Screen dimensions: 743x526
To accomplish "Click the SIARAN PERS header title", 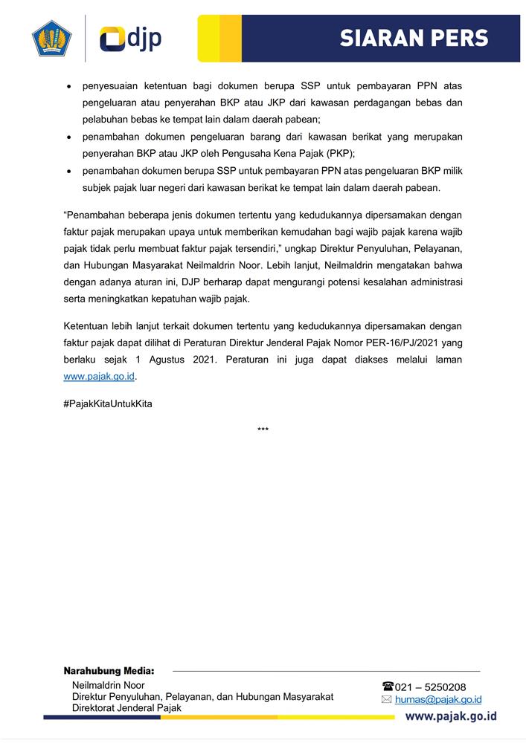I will pyautogui.click(x=414, y=39).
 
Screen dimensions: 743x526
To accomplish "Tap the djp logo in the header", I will pyautogui.click(x=131, y=39).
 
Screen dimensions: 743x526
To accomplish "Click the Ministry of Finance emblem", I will pyautogui.click(x=51, y=39).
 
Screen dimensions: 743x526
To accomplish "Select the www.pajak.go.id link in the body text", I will pyautogui.click(x=99, y=376).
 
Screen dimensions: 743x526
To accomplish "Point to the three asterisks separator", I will pyautogui.click(x=263, y=430).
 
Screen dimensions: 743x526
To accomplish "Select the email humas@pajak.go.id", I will pyautogui.click(x=438, y=700).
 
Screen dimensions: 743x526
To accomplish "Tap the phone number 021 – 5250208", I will pyautogui.click(x=431, y=687).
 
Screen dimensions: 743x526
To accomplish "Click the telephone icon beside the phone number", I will pyautogui.click(x=387, y=687).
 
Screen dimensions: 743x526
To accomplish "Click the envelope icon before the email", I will pyautogui.click(x=386, y=700).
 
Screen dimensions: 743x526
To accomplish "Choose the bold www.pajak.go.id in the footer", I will pyautogui.click(x=451, y=717).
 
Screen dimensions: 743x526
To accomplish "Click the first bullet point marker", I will pyautogui.click(x=69, y=86).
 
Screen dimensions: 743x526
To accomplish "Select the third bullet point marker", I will pyautogui.click(x=69, y=171).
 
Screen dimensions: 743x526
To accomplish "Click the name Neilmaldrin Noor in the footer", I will pyautogui.click(x=108, y=685).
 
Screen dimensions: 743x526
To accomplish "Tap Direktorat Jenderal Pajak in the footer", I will pyautogui.click(x=126, y=708).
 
